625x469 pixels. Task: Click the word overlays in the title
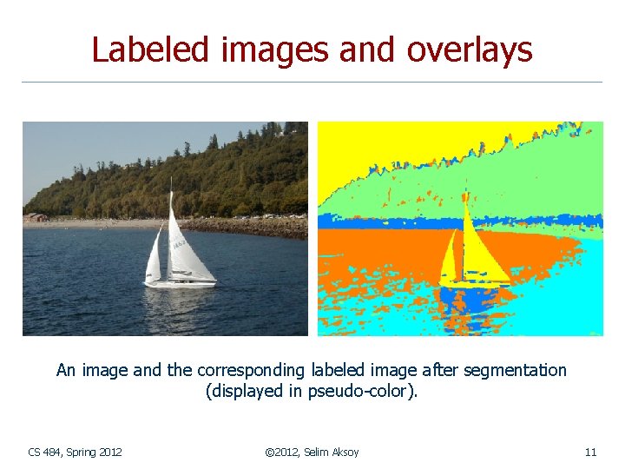point(479,50)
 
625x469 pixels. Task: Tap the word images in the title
point(274,50)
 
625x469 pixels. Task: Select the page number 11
point(590,452)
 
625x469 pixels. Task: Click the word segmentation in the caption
point(515,371)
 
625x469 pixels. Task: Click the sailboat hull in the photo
point(180,283)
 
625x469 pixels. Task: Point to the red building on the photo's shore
point(36,217)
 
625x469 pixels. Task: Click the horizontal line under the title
point(312,83)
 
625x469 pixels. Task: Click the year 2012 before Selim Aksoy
point(287,452)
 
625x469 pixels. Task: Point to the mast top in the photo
point(171,179)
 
